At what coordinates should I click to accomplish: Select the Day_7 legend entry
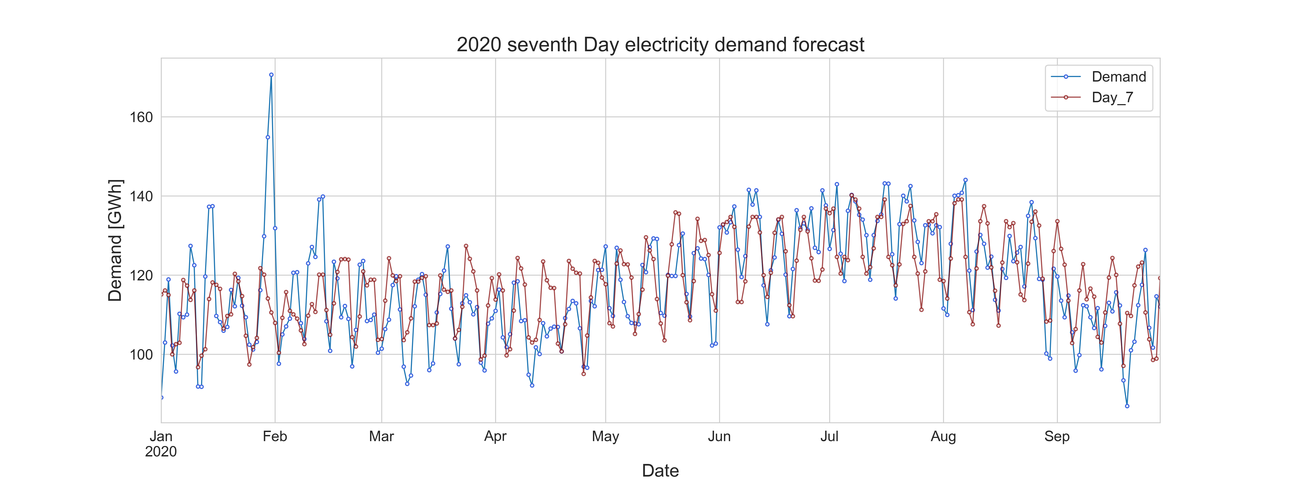(x=1112, y=97)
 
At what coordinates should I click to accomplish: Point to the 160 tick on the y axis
(x=141, y=118)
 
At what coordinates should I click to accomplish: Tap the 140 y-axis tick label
(x=141, y=196)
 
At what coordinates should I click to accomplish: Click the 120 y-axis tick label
(x=141, y=276)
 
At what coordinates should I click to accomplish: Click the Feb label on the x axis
(x=275, y=437)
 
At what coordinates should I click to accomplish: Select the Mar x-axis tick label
(x=381, y=437)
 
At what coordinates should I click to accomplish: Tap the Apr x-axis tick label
(x=495, y=437)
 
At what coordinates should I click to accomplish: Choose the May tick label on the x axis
(x=606, y=437)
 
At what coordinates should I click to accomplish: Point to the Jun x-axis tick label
(x=719, y=437)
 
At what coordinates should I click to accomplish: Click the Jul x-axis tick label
(x=829, y=437)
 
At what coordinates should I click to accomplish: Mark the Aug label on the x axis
(x=943, y=437)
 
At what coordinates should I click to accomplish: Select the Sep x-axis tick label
(x=1057, y=437)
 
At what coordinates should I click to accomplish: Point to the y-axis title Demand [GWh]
(x=115, y=240)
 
